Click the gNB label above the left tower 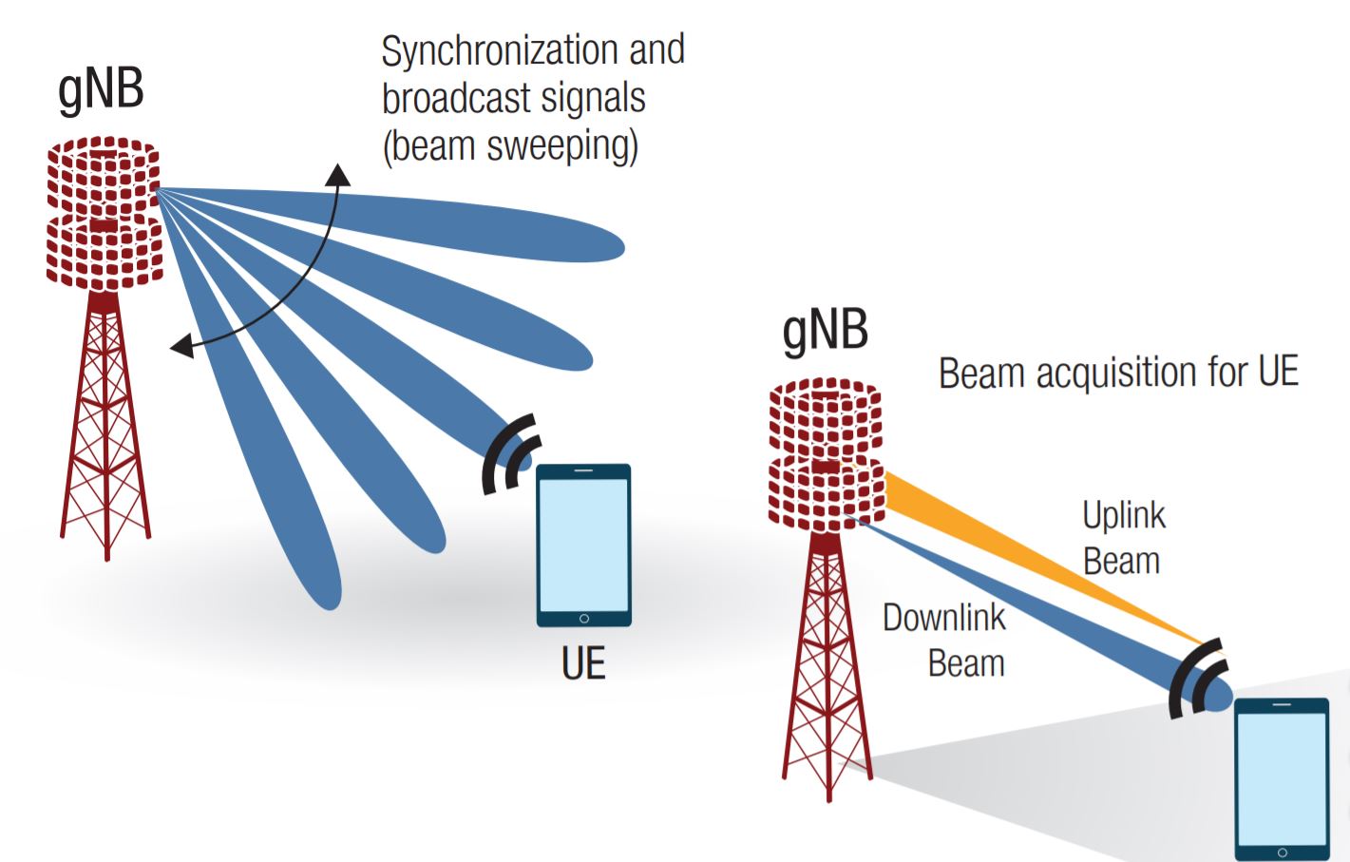click(101, 90)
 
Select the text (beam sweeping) click(510, 146)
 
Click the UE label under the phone click(582, 663)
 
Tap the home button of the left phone click(583, 619)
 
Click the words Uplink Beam click(1123, 538)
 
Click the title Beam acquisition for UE click(1118, 373)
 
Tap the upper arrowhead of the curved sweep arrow click(337, 174)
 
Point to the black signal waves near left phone click(510, 455)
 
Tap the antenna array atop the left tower click(104, 214)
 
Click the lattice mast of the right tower click(826, 665)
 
